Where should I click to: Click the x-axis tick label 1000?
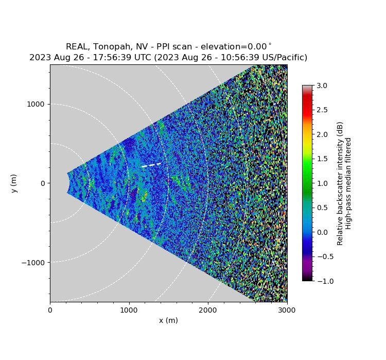pyautogui.click(x=129, y=310)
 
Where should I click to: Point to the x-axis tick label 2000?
pyautogui.click(x=208, y=310)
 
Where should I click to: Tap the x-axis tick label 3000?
pyautogui.click(x=287, y=310)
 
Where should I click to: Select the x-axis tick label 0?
pyautogui.click(x=50, y=310)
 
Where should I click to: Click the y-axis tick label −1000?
pyautogui.click(x=33, y=262)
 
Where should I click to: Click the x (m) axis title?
pyautogui.click(x=168, y=320)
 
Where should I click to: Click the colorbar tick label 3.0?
pyautogui.click(x=323, y=85)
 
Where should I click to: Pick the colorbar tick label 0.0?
pyautogui.click(x=323, y=232)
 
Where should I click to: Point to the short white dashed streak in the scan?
pyautogui.click(x=151, y=165)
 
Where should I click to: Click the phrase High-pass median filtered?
pyautogui.click(x=348, y=183)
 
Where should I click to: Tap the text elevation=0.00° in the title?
pyautogui.click(x=237, y=47)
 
